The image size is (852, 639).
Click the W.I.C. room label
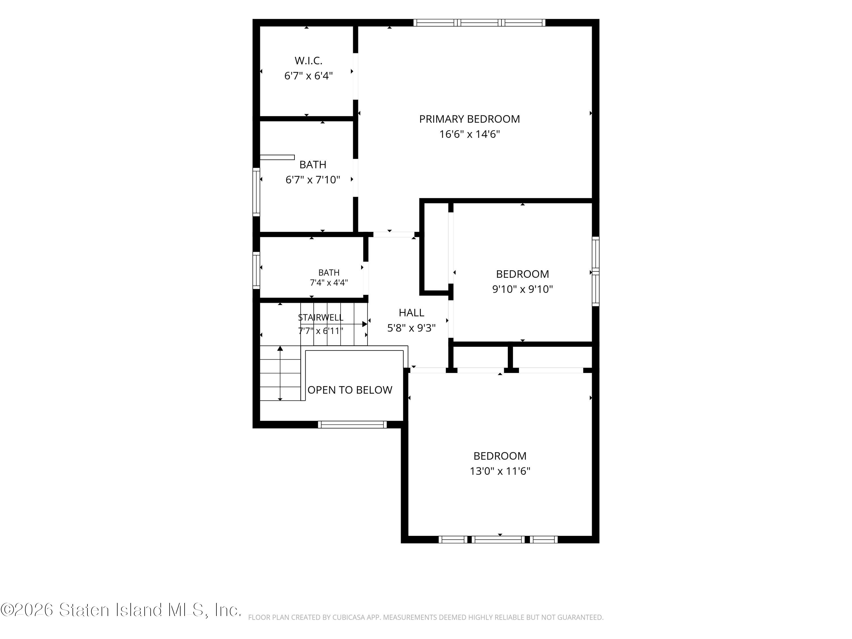[x=308, y=60]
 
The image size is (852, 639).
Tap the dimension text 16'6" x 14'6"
[x=469, y=134]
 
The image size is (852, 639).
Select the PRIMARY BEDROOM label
[x=469, y=119]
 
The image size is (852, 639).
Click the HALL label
[x=411, y=312]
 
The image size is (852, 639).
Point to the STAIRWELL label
[x=320, y=318]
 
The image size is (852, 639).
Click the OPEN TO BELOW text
[x=350, y=390]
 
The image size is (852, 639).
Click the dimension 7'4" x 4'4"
[x=329, y=283]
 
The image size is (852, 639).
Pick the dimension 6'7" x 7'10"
[x=313, y=179]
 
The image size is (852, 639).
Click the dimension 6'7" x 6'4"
[x=308, y=76]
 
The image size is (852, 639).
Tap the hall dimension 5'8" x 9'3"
[x=411, y=328]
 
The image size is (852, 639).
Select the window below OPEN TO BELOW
[x=352, y=425]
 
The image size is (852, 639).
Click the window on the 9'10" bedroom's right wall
[x=596, y=272]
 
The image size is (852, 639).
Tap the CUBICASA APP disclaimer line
[x=426, y=617]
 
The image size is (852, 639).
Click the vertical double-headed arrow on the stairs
[x=280, y=373]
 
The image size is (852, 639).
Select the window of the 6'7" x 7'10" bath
[x=256, y=191]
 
